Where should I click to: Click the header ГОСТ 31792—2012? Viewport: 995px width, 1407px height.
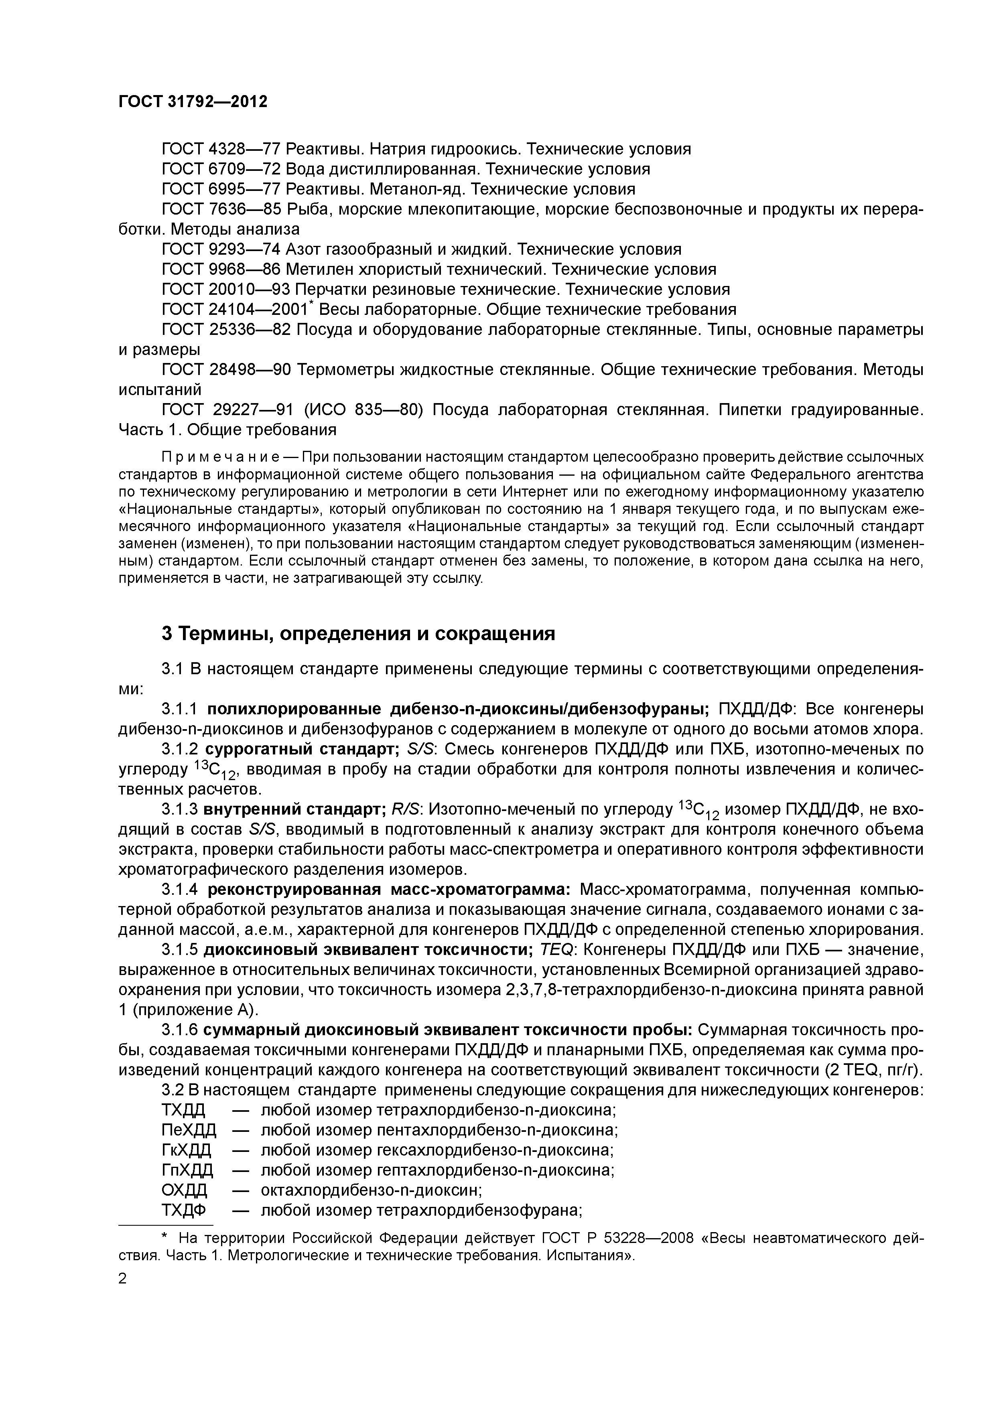pyautogui.click(x=193, y=102)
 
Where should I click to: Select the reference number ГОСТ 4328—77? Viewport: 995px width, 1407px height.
pyautogui.click(x=221, y=149)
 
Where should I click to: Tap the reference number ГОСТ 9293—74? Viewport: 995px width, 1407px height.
pyautogui.click(x=221, y=249)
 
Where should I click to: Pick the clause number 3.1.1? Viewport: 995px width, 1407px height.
pyautogui.click(x=179, y=710)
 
